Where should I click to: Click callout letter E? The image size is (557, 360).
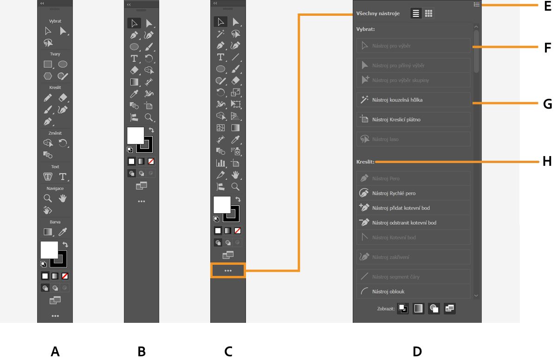(548, 7)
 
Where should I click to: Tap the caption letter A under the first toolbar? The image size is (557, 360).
(55, 352)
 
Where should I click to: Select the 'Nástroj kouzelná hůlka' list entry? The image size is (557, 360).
(413, 100)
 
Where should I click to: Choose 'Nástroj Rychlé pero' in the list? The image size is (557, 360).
(413, 193)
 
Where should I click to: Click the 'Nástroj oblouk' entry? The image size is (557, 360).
(413, 292)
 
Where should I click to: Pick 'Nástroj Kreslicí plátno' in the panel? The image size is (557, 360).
(413, 119)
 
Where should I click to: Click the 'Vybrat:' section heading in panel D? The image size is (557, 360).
(365, 29)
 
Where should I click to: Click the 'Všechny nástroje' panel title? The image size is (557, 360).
(378, 13)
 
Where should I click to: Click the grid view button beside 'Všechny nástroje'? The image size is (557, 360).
(428, 13)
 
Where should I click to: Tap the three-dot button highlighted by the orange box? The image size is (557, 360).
(227, 270)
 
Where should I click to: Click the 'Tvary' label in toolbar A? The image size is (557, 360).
(55, 54)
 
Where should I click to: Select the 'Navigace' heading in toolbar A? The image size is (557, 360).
(55, 188)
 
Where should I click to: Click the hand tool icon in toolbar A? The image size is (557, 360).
(63, 198)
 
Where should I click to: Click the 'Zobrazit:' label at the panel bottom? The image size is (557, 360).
(386, 308)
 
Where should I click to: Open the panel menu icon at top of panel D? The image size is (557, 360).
(476, 4)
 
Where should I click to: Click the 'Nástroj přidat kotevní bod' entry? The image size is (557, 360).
(413, 208)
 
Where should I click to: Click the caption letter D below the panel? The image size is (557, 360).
(417, 352)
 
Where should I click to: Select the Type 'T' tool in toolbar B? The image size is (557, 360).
(134, 59)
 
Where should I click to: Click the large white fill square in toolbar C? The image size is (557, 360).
(221, 204)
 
